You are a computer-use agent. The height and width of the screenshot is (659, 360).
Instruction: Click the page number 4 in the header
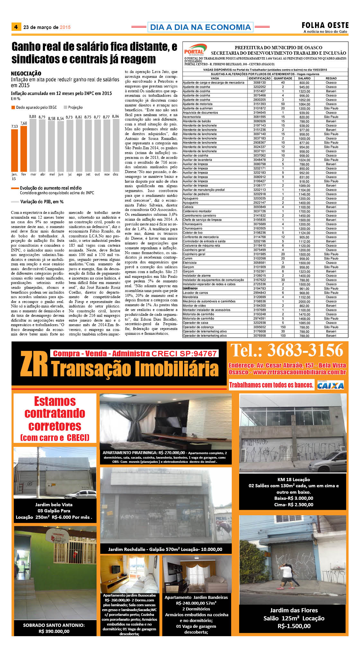(x=16, y=27)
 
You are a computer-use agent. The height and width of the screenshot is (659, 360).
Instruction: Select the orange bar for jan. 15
(x=14, y=150)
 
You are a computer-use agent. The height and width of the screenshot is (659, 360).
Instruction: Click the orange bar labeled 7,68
(x=24, y=149)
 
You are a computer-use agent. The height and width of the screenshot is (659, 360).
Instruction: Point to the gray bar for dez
(x=116, y=145)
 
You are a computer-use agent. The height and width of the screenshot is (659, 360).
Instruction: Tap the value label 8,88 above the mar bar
(x=33, y=116)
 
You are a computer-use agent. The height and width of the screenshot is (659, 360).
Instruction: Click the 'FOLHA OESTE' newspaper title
(x=325, y=25)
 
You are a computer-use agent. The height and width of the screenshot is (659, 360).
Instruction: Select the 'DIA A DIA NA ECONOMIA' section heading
(x=200, y=27)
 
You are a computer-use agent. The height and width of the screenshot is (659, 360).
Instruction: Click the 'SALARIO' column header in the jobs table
(x=304, y=78)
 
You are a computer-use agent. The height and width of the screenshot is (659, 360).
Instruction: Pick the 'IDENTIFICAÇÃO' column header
(x=259, y=78)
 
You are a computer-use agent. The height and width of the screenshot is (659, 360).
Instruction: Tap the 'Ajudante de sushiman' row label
(x=198, y=108)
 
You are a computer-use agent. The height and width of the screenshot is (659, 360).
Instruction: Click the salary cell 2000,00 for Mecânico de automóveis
(x=304, y=301)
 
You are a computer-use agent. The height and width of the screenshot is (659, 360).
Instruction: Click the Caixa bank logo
(x=330, y=385)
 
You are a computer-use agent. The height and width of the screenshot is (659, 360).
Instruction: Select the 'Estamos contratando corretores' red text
(x=55, y=418)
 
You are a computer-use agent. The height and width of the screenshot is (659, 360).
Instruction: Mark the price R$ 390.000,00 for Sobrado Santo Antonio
(x=54, y=631)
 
